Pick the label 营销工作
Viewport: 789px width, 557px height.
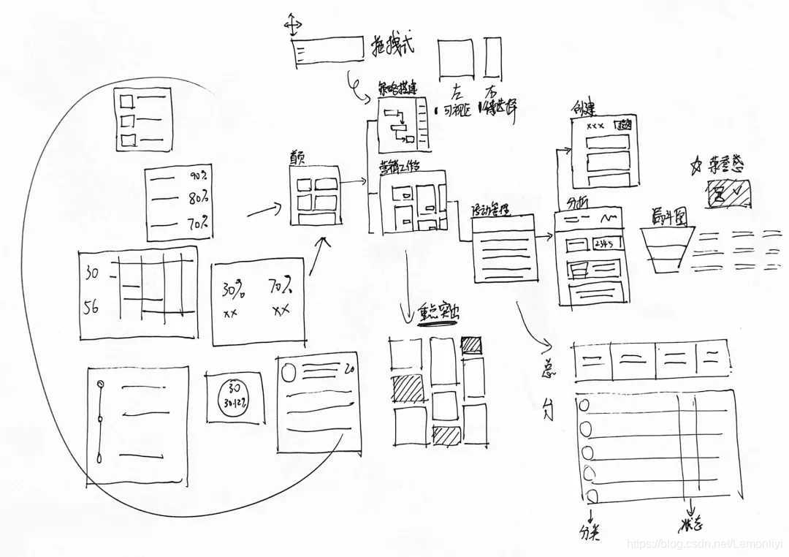(400, 166)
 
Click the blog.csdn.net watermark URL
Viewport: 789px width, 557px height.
(705, 545)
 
